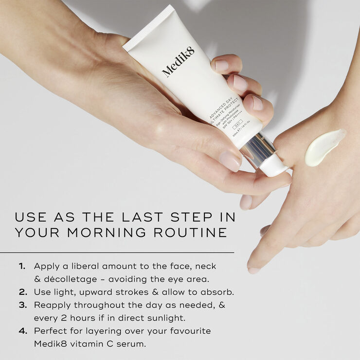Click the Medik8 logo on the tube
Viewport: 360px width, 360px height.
[178, 62]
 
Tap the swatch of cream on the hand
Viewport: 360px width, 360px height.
[325, 147]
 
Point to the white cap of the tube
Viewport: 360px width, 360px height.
[275, 166]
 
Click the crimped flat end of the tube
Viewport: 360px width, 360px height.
[148, 27]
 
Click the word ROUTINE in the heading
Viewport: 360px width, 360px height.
[196, 232]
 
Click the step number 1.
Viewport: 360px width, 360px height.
[22, 267]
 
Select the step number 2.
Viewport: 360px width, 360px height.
[22, 292]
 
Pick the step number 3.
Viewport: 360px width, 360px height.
[22, 305]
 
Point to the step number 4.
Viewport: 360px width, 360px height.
[22, 331]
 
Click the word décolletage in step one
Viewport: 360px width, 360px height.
[72, 279]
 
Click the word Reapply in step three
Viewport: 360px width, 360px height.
[53, 305]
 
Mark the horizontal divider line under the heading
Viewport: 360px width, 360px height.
[117, 252]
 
